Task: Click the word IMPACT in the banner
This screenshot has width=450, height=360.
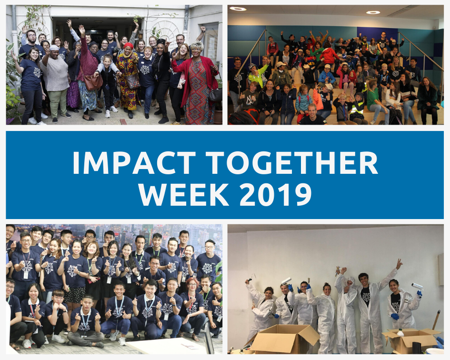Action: pos(134,162)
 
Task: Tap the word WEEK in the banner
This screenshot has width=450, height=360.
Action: pos(184,194)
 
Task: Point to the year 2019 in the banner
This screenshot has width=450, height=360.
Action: pos(276,194)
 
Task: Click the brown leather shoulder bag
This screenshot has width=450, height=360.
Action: pos(93,82)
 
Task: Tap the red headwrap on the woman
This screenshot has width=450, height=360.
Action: pos(128,45)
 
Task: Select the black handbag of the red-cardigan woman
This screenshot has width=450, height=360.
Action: pos(215,95)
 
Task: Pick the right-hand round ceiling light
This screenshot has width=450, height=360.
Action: pos(373,12)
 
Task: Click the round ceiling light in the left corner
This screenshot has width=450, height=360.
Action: pos(238,9)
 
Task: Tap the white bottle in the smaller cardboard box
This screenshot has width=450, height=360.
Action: pos(400,333)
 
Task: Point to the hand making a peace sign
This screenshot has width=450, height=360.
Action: pos(399,263)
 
